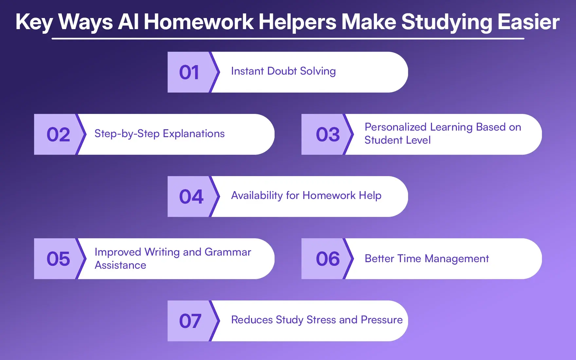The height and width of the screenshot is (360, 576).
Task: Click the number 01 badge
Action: tap(189, 72)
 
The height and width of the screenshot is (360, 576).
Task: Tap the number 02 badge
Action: tap(58, 135)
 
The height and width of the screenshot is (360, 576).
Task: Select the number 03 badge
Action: tap(328, 135)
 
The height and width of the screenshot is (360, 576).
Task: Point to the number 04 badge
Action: tap(191, 197)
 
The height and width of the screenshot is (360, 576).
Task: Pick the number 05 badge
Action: tap(58, 259)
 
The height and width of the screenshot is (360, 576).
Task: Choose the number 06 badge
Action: tap(328, 259)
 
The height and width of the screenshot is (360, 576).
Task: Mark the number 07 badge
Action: tap(190, 321)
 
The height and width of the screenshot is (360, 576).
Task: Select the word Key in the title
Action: tap(34, 22)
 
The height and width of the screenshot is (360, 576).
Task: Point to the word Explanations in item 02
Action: tap(193, 134)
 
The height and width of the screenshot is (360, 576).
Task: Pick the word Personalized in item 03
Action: tap(395, 127)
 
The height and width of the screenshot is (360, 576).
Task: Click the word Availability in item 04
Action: tap(257, 195)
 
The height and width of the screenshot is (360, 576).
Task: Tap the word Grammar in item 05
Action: tap(228, 252)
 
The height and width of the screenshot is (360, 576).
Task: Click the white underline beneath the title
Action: tap(288, 39)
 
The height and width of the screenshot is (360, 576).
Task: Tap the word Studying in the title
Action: tap(446, 22)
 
